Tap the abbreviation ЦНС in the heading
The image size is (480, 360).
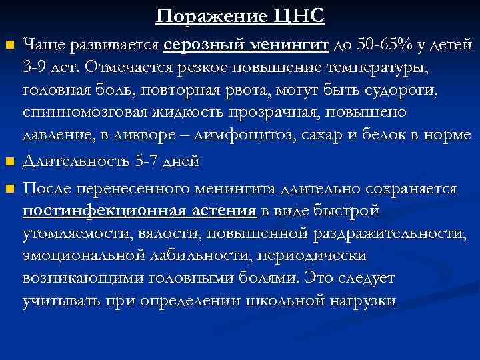point(297,15)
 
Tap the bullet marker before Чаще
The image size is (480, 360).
point(9,46)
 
